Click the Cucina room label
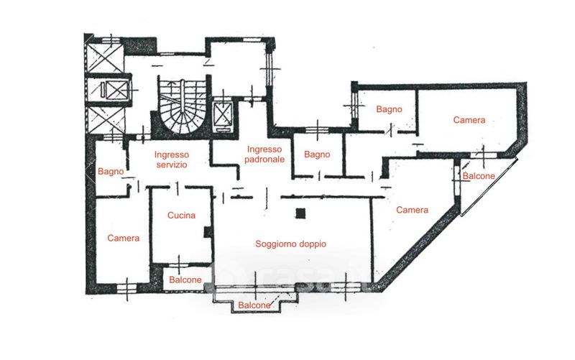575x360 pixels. pyautogui.click(x=181, y=215)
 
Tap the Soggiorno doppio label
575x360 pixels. pyautogui.click(x=291, y=244)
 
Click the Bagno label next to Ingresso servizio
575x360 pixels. pyautogui.click(x=111, y=172)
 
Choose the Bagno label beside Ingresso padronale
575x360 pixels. pyautogui.click(x=316, y=154)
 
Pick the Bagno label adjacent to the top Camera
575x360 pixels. pyautogui.click(x=389, y=109)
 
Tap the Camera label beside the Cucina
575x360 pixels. pyautogui.click(x=123, y=238)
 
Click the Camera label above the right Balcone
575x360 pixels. pyautogui.click(x=469, y=120)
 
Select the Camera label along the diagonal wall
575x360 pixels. pyautogui.click(x=413, y=210)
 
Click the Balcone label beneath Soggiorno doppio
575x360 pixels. pyautogui.click(x=254, y=305)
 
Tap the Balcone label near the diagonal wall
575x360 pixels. pyautogui.click(x=478, y=176)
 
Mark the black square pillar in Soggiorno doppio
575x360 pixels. pyautogui.click(x=301, y=212)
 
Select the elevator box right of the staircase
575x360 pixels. pyautogui.click(x=224, y=115)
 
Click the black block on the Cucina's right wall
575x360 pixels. pyautogui.click(x=208, y=232)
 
